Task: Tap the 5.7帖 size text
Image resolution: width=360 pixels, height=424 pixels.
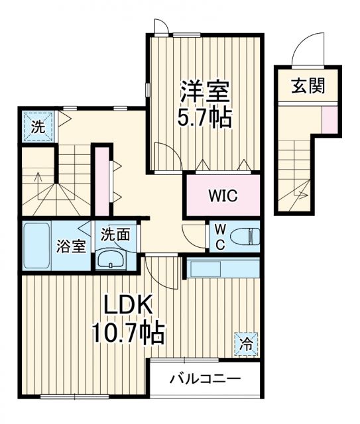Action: click(x=204, y=118)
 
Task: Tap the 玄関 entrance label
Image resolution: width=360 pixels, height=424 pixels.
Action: click(x=308, y=86)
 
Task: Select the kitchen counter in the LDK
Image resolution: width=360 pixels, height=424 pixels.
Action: click(x=222, y=268)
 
